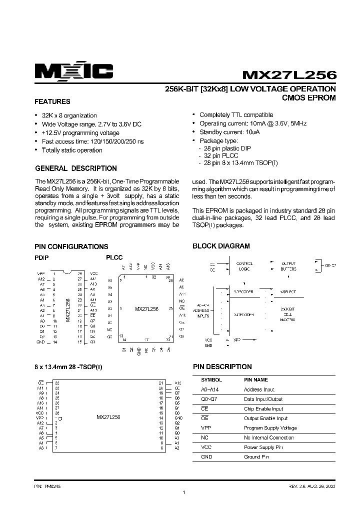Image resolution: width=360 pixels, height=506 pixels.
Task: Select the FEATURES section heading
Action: click(x=52, y=101)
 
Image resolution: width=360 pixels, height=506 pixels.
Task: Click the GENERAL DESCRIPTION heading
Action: click(x=75, y=168)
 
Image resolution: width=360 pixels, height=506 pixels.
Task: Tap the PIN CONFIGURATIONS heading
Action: click(x=71, y=246)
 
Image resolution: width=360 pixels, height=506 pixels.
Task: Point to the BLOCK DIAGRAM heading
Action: click(x=221, y=246)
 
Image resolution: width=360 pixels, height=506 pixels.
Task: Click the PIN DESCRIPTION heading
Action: click(x=222, y=366)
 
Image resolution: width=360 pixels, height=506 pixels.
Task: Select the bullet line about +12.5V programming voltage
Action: click(x=80, y=133)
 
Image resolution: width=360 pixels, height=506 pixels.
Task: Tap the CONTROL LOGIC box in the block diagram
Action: click(x=244, y=266)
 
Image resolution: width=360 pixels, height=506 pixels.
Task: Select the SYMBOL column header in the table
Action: click(x=210, y=380)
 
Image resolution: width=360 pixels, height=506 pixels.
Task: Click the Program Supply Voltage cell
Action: click(x=270, y=428)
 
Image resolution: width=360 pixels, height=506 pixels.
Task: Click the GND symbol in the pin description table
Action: click(x=206, y=456)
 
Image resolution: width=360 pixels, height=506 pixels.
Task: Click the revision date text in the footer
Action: click(x=309, y=485)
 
